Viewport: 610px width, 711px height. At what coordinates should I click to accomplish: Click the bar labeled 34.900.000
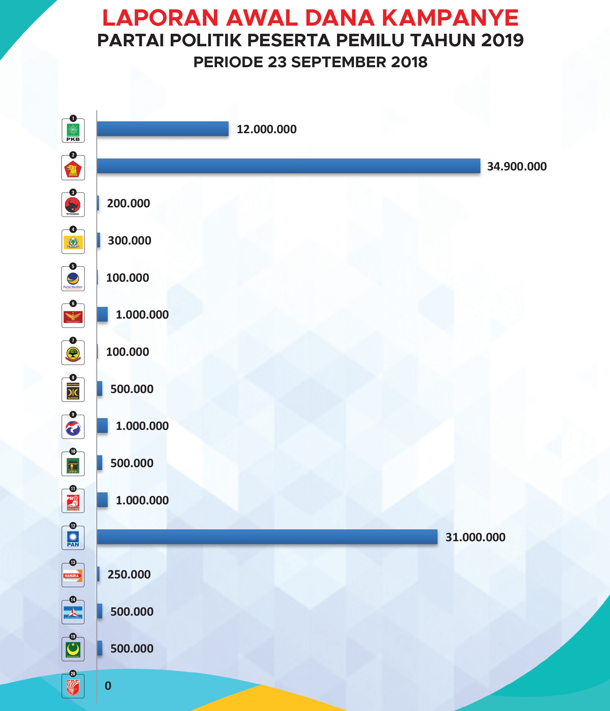[x=288, y=166]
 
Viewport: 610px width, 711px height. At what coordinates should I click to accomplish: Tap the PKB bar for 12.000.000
[x=163, y=129]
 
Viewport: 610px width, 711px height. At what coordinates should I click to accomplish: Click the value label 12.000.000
[x=267, y=129]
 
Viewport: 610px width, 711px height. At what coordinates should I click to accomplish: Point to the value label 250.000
[x=129, y=574]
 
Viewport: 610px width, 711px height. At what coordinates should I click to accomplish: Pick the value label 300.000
[x=129, y=240]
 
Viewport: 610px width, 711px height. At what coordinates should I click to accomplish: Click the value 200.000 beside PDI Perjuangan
[x=128, y=204]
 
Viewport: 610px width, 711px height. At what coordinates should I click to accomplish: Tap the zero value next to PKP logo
[x=108, y=686]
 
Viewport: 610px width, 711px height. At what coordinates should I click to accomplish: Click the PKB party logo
[x=73, y=131]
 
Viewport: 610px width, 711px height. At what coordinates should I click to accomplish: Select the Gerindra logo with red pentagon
[x=73, y=169]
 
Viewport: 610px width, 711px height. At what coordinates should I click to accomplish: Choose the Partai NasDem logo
[x=73, y=280]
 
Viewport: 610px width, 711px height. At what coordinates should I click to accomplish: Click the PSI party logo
[x=73, y=502]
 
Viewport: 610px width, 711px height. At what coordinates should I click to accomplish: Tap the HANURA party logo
[x=73, y=576]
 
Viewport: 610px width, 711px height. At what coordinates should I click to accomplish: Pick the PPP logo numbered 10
[x=73, y=465]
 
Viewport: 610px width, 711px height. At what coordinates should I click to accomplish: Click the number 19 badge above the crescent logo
[x=73, y=637]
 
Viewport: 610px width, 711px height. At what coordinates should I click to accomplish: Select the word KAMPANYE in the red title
[x=450, y=18]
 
